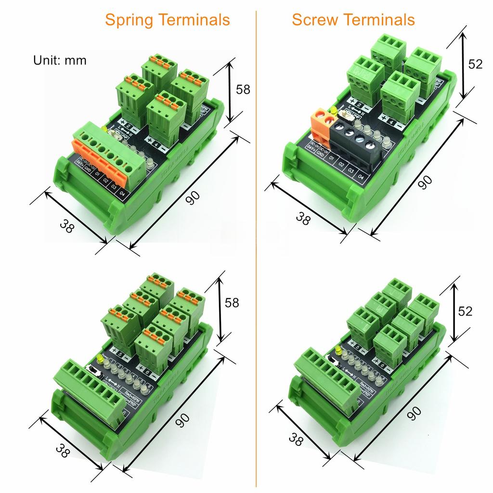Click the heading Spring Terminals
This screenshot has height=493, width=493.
pos(167,20)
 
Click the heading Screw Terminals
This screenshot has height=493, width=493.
pos(353,20)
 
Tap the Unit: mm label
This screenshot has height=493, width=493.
pos(60,60)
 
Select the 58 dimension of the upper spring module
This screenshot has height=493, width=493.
pos(243,90)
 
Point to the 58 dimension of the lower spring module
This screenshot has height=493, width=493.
pos(232,303)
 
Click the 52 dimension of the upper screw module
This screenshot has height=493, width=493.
pos(475,64)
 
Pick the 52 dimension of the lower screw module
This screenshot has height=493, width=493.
pos(465,311)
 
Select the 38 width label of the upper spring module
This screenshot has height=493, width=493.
pos(67,226)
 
